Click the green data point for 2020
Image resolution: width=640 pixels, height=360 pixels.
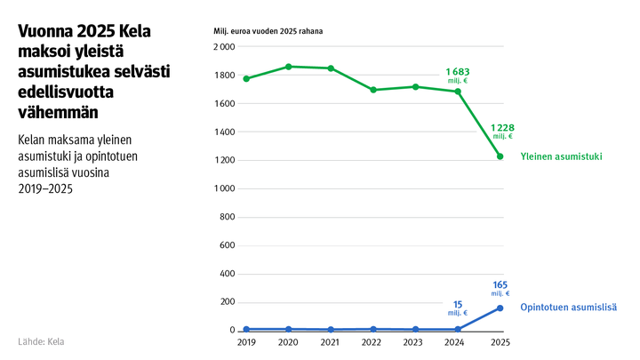tap(289, 67)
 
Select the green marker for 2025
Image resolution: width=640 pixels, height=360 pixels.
tap(500, 156)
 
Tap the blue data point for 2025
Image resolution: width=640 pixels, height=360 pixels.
tap(500, 308)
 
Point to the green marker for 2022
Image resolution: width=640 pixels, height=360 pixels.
tap(373, 90)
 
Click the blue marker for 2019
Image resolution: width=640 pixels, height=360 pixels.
tap(246, 329)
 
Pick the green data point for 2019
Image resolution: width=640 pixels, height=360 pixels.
tap(246, 78)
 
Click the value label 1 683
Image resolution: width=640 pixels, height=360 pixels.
tap(457, 70)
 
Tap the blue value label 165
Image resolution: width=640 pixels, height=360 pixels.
tap(500, 284)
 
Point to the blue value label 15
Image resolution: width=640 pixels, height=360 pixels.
tap(457, 303)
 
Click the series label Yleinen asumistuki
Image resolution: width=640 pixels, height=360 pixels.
tap(561, 156)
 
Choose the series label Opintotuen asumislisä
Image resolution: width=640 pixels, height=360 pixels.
tap(568, 307)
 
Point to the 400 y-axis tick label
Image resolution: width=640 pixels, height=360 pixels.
tap(227, 274)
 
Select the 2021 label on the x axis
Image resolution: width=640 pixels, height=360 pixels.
tap(331, 342)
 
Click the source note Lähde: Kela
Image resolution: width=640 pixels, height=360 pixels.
tap(41, 341)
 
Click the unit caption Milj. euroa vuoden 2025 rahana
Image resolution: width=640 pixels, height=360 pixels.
tap(268, 31)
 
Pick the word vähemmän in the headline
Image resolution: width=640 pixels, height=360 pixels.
tap(58, 112)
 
